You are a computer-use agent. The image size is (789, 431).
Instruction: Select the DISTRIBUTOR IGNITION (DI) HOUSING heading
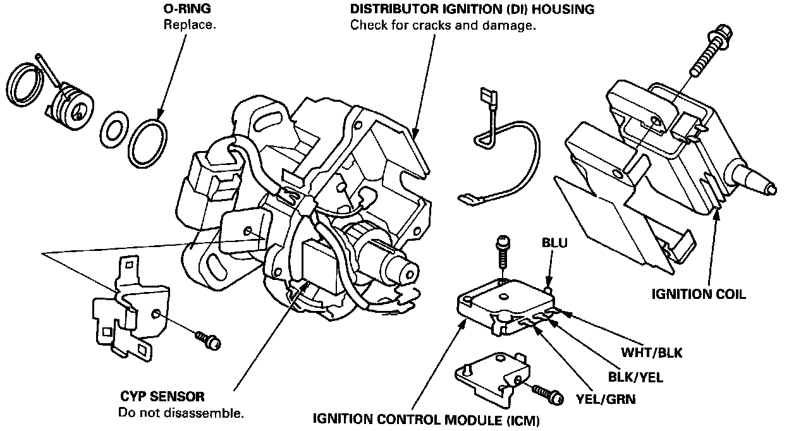(472, 10)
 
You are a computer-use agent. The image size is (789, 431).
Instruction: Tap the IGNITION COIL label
(699, 294)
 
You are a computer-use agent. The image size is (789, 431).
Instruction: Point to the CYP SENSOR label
(162, 397)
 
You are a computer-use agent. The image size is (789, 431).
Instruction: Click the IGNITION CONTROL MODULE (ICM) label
(427, 419)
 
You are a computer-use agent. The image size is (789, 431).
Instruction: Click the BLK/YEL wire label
(635, 377)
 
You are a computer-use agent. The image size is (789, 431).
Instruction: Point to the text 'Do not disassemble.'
(181, 413)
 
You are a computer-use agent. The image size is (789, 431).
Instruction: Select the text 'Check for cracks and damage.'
(443, 26)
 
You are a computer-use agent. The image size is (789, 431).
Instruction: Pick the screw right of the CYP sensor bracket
(208, 339)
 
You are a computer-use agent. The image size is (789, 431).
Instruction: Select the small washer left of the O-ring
(114, 129)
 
